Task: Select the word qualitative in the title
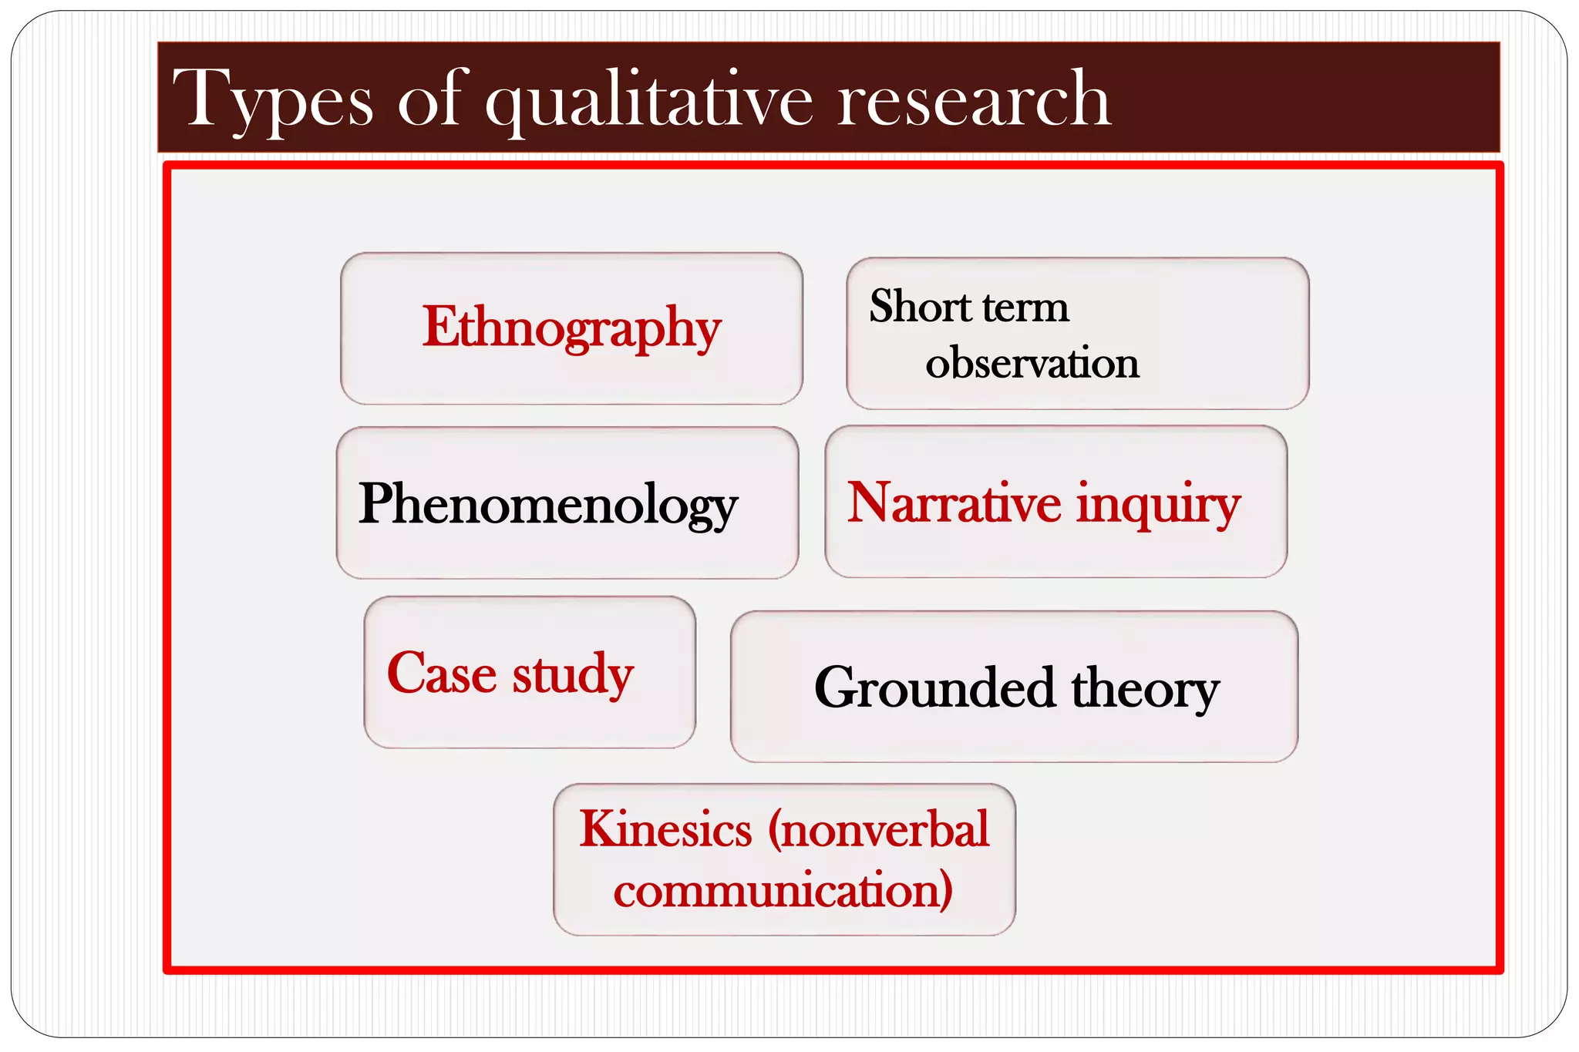tap(648, 100)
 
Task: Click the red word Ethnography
tap(571, 328)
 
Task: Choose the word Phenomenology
tap(548, 504)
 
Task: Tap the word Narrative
tap(954, 502)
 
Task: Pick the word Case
tap(441, 674)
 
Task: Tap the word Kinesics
tap(665, 829)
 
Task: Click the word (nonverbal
tap(878, 829)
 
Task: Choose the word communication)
tap(783, 890)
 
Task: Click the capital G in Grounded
tap(837, 687)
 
